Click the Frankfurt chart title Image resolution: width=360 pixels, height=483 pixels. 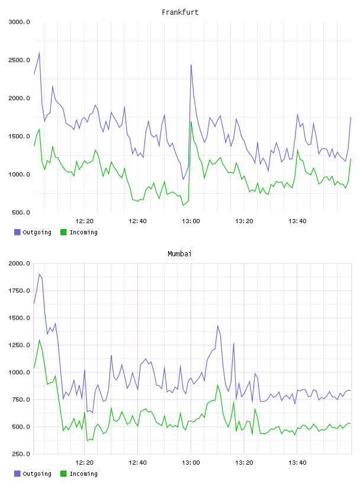pos(180,12)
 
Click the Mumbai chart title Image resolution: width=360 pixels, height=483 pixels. pos(179,254)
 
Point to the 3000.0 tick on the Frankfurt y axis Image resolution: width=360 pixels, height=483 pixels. pos(20,22)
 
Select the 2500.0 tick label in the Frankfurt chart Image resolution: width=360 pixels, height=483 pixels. pos(20,60)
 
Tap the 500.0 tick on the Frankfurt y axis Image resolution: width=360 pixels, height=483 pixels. pos(21,212)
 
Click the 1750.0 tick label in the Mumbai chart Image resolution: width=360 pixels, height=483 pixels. pos(20,291)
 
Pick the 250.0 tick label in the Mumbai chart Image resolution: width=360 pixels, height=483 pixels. pos(21,454)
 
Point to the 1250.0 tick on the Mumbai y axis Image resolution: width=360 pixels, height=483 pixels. pos(20,345)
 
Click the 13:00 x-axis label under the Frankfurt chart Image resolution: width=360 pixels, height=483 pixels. pos(191,221)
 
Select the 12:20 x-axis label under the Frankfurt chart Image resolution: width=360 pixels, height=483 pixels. pos(84,221)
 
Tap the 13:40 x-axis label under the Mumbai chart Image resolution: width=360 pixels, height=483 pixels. pos(297,463)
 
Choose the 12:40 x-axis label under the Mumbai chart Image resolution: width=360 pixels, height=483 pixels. pos(137,463)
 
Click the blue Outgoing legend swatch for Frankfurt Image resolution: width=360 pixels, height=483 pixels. pos(17,232)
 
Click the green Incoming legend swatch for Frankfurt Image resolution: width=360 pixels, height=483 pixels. pos(63,232)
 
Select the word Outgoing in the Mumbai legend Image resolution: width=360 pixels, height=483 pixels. pos(37,474)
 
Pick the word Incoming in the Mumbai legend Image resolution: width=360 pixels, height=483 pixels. pos(83,474)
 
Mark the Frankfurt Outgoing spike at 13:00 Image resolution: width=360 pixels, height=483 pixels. pos(191,65)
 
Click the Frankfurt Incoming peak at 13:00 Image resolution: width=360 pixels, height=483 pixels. pos(191,122)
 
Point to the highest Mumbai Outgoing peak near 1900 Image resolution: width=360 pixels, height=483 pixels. pos(40,274)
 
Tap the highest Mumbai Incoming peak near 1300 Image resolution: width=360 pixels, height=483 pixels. pos(40,340)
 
